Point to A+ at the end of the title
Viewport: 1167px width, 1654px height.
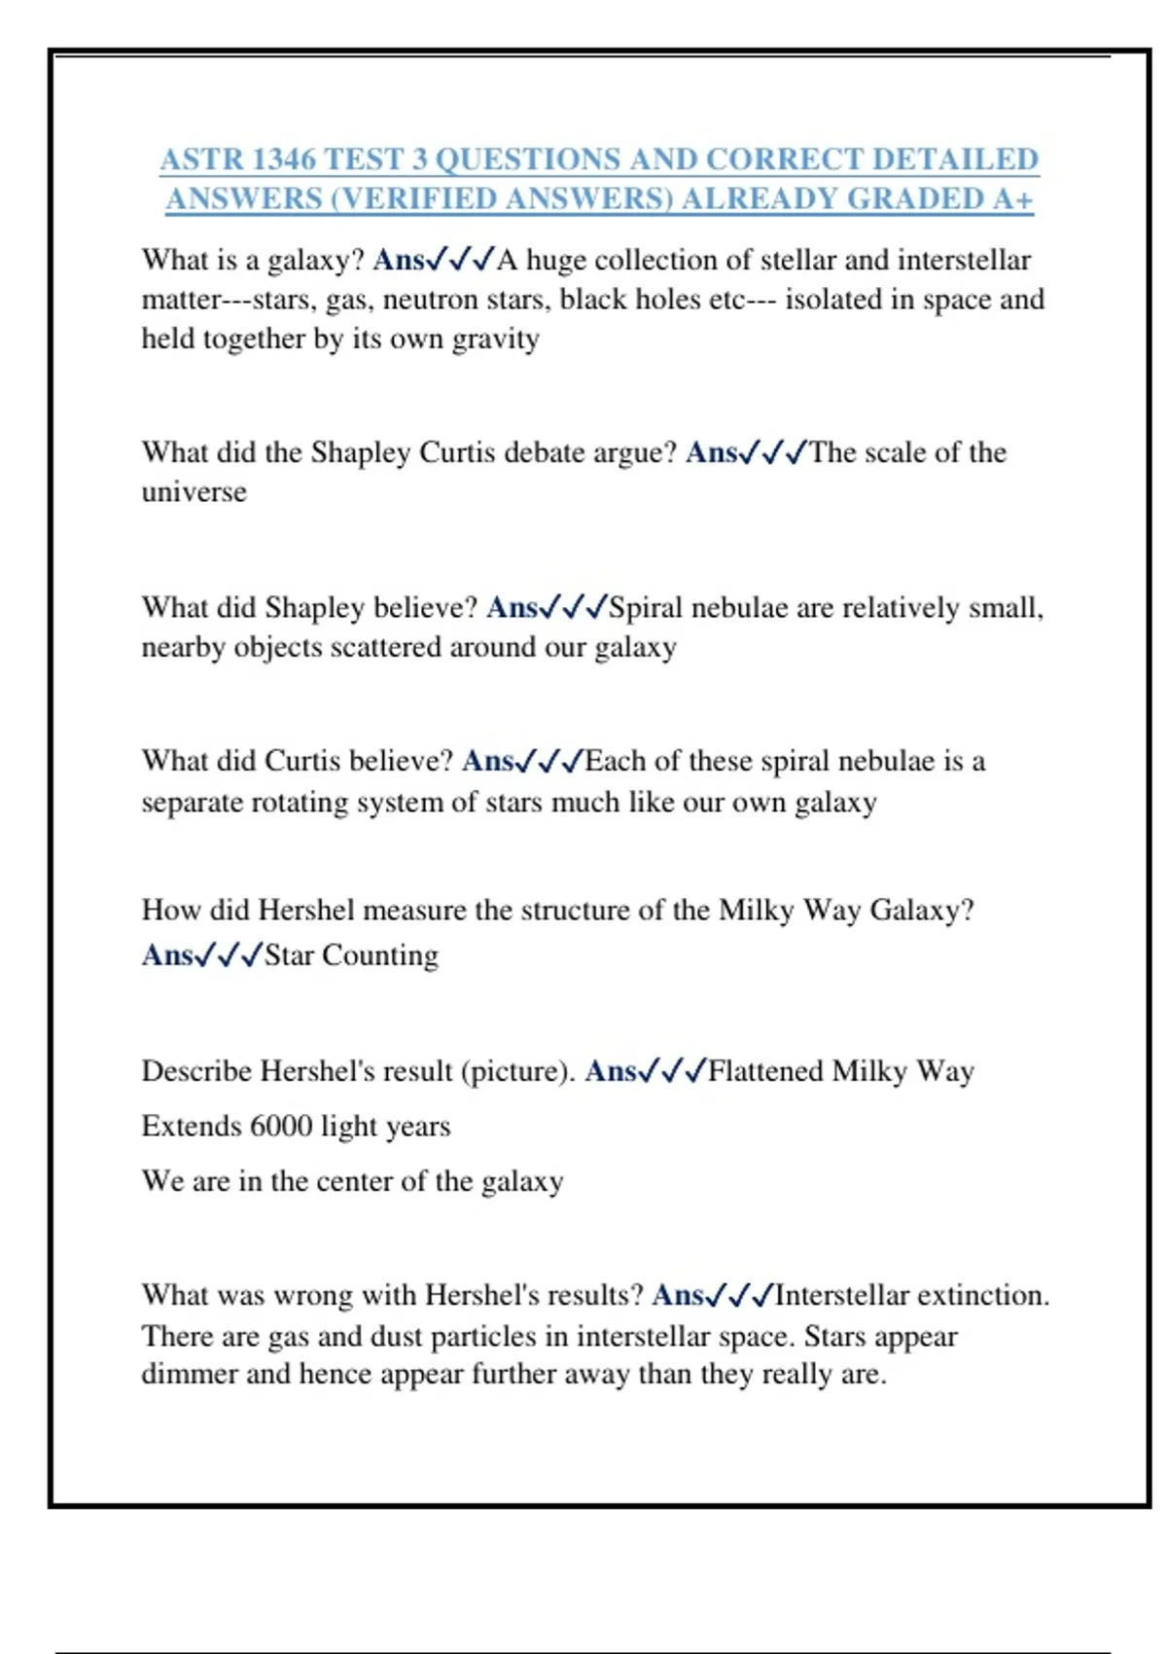coord(1013,198)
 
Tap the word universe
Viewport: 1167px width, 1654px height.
coord(194,491)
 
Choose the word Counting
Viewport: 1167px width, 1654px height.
coord(380,954)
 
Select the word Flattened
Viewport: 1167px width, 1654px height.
coord(765,1071)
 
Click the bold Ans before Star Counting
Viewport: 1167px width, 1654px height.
coord(167,954)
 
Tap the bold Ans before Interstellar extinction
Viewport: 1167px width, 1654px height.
coord(677,1295)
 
